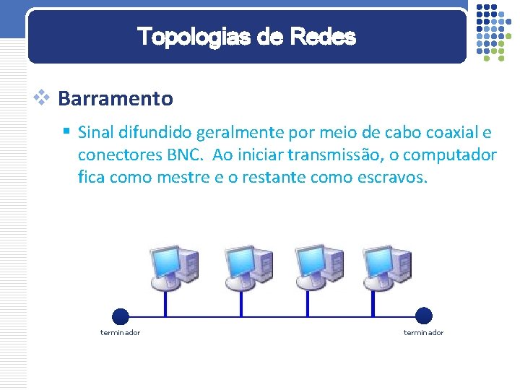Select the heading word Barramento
tap(116, 98)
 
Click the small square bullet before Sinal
tap(66, 131)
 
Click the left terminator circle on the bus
tap(121, 316)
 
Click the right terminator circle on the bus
tap(424, 316)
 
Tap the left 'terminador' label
tap(120, 332)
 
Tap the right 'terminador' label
tap(423, 332)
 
